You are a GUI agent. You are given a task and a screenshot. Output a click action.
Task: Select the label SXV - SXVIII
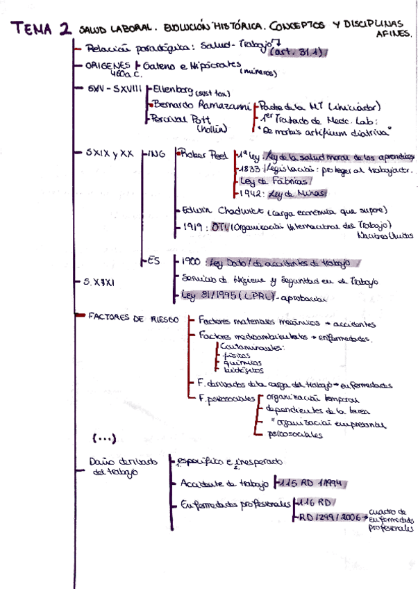[x=115, y=90]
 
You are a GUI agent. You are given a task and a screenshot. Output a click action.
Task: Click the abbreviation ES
[x=155, y=260]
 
